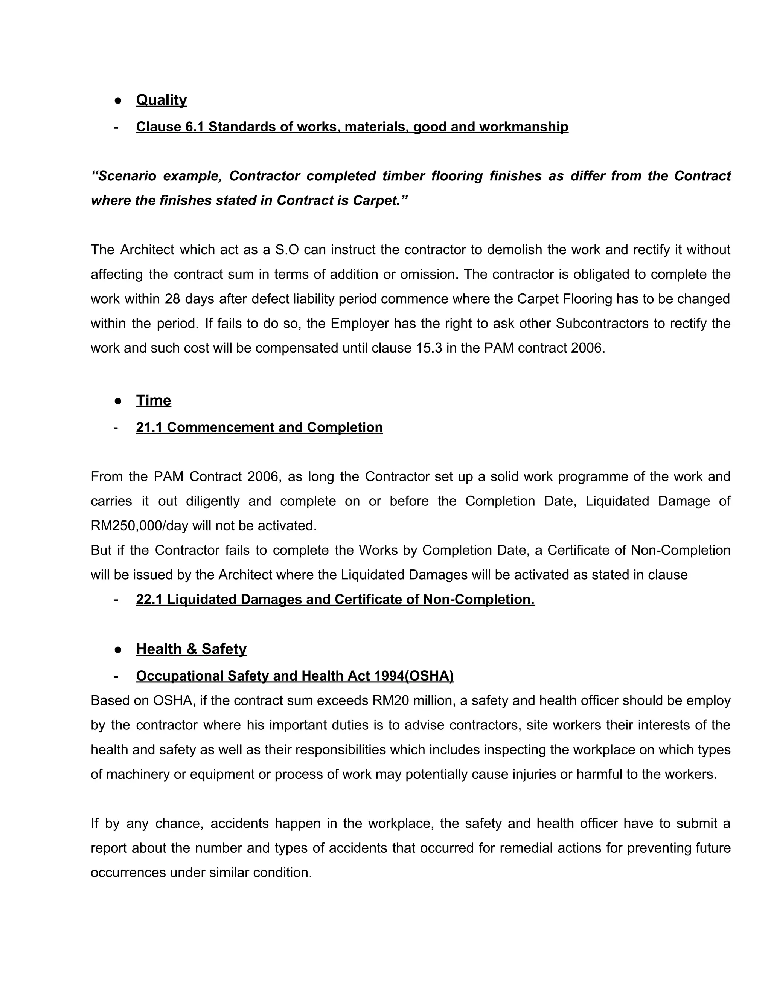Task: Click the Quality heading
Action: tap(161, 100)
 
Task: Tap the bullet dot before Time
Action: tap(118, 401)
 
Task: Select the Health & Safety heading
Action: tap(191, 649)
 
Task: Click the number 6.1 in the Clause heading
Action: tap(195, 127)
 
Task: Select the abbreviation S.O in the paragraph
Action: tap(286, 250)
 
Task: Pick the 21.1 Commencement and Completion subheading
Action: tap(259, 427)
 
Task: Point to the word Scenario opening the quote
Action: tap(124, 176)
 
